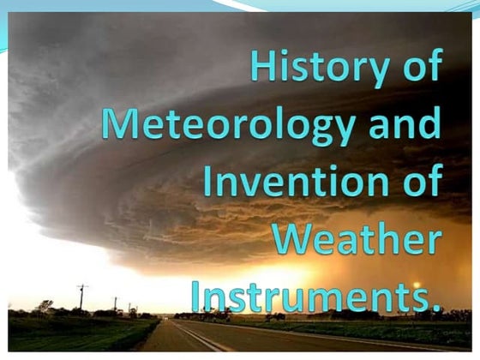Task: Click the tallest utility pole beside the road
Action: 82,298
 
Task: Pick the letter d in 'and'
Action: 428,124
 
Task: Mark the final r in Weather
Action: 433,242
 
